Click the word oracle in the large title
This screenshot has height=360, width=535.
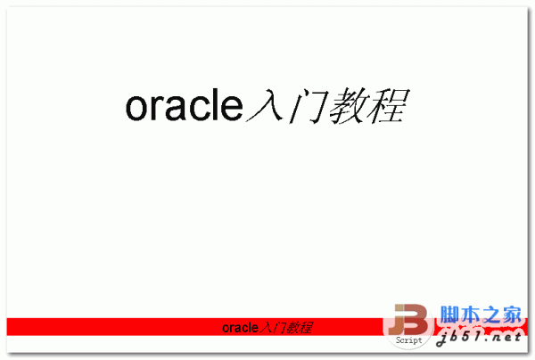coord(184,107)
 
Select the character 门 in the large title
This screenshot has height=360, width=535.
coord(306,107)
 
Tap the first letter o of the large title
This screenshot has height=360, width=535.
coord(136,109)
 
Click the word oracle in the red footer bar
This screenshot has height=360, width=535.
coord(236,327)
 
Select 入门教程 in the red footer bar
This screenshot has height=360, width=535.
coord(283,327)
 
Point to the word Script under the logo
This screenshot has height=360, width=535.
coord(408,340)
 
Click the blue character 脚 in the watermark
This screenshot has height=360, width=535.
coord(449,315)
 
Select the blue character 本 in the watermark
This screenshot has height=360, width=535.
coord(469,315)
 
